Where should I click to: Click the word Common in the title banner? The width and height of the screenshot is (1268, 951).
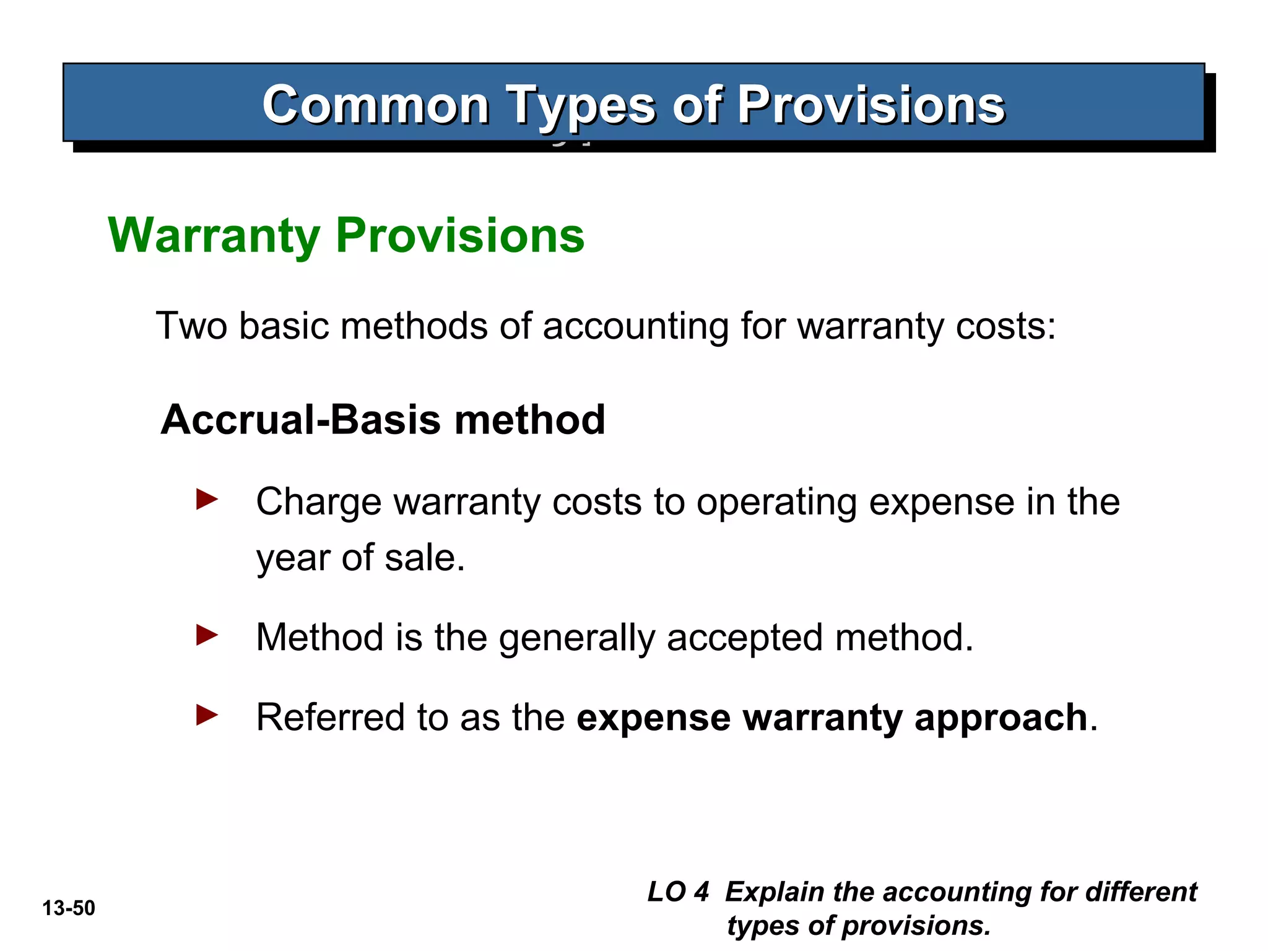(x=375, y=105)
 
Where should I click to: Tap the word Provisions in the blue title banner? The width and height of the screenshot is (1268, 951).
(x=871, y=105)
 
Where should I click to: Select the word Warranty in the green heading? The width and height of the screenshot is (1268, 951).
(x=214, y=236)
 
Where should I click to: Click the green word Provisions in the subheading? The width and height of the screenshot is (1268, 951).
(x=459, y=236)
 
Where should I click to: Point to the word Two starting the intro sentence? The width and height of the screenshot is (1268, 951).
(x=191, y=326)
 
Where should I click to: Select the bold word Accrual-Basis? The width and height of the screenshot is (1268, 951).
(x=301, y=420)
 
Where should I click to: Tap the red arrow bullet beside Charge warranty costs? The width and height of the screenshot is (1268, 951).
(x=207, y=499)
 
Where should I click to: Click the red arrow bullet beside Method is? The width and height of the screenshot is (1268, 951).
(x=207, y=635)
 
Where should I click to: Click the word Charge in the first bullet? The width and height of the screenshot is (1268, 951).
(x=319, y=502)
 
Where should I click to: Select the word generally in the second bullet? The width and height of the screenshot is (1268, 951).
(x=576, y=638)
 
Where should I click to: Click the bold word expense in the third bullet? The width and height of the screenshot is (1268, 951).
(x=653, y=718)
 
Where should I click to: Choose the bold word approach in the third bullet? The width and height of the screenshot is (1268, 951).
(x=1001, y=718)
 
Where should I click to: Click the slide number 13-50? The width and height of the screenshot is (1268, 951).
(x=69, y=908)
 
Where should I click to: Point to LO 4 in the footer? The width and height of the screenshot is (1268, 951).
(x=677, y=892)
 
